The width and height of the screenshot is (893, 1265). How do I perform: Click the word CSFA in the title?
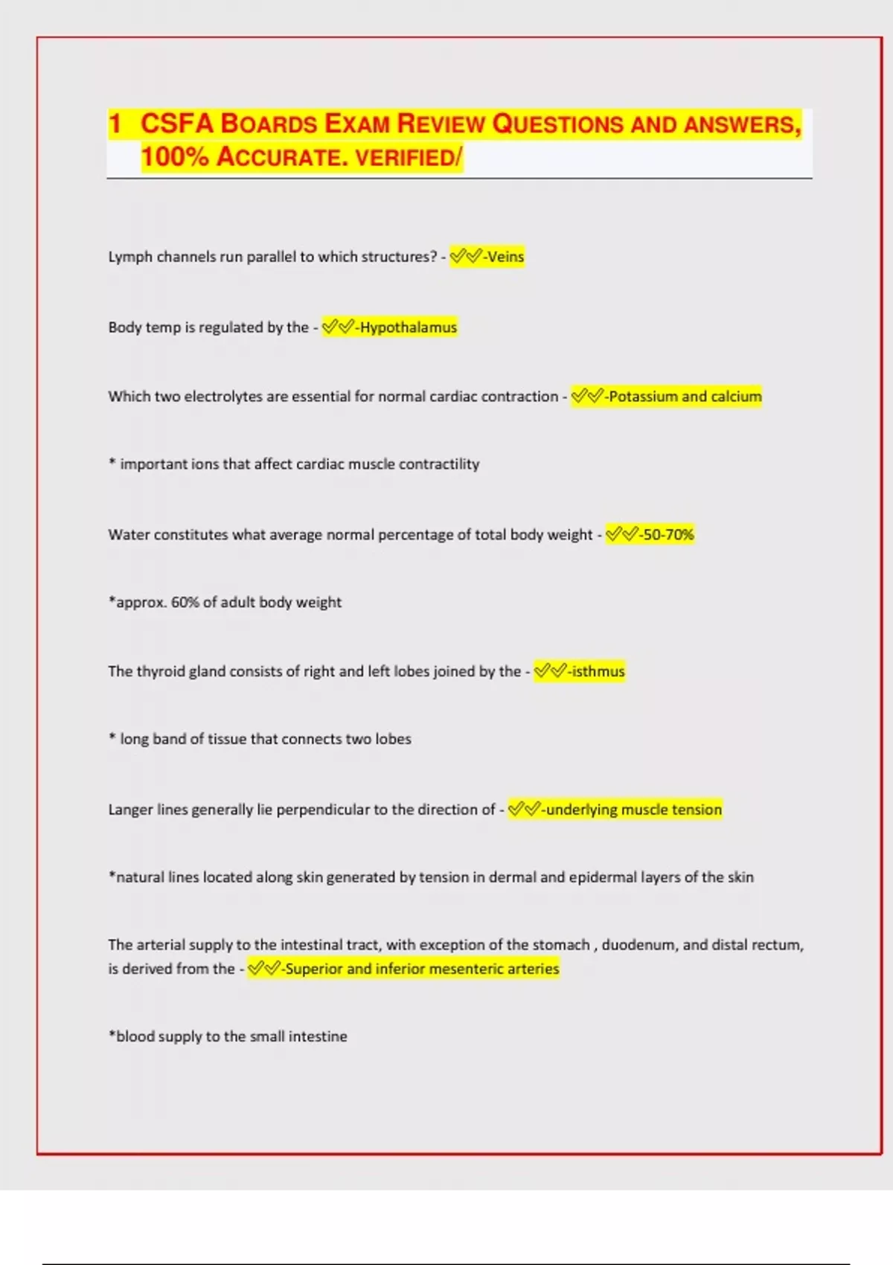(176, 124)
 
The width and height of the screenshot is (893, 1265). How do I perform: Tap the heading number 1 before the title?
(115, 124)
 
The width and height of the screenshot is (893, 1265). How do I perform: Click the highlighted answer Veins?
(505, 257)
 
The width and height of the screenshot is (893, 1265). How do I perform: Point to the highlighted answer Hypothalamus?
(408, 327)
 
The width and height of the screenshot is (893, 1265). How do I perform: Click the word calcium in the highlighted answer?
(736, 397)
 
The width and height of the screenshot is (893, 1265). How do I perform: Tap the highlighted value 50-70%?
(668, 534)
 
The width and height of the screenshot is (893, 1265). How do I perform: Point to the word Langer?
(130, 810)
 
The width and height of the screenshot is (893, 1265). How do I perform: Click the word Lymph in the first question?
(130, 257)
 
